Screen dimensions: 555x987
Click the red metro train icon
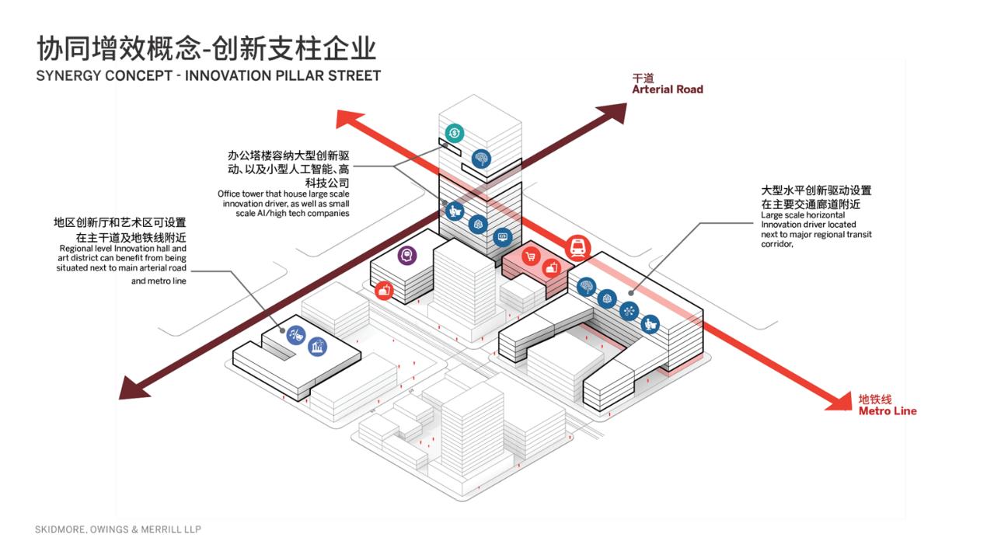(578, 248)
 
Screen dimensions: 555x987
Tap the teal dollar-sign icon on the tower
(454, 133)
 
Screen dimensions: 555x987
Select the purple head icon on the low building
(406, 255)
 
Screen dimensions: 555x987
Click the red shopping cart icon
(531, 256)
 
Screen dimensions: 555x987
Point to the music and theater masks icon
(296, 336)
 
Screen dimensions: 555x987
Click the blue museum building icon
(316, 347)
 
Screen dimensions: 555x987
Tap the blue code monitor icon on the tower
(501, 236)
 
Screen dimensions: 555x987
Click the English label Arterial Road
(667, 89)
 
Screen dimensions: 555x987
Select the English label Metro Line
(887, 411)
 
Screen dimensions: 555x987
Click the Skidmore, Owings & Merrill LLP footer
(117, 529)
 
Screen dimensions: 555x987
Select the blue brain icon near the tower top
(482, 159)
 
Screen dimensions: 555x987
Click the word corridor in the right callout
(777, 244)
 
